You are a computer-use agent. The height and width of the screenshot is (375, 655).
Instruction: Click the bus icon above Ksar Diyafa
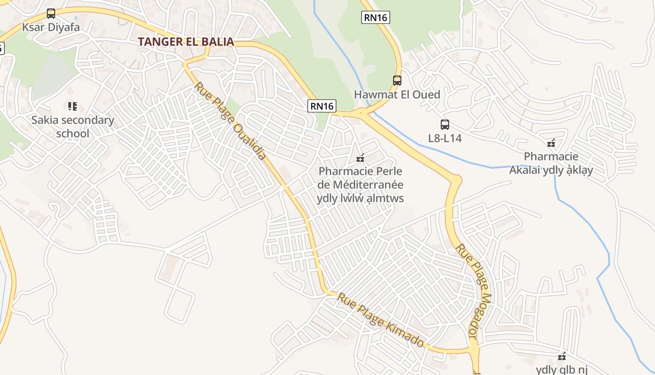click(x=51, y=14)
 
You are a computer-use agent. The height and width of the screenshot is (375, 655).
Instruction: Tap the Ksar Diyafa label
click(x=51, y=27)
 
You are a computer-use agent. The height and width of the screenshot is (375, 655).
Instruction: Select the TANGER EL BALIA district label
click(x=186, y=42)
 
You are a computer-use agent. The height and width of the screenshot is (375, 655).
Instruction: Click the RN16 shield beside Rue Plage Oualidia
click(x=322, y=106)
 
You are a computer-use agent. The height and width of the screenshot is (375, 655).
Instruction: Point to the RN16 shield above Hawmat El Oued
click(x=375, y=18)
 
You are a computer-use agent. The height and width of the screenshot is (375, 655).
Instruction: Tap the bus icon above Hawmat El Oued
click(x=397, y=81)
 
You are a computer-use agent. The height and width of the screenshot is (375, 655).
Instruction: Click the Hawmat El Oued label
click(x=397, y=95)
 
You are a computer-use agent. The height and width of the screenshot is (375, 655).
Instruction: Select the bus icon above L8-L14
click(x=444, y=125)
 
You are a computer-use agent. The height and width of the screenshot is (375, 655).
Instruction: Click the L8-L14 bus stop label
click(x=444, y=138)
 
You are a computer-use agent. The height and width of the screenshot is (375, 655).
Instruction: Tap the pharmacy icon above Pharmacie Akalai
click(x=551, y=143)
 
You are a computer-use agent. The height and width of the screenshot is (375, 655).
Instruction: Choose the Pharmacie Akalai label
click(x=551, y=163)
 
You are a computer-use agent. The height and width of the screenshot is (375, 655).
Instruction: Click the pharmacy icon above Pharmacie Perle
click(x=360, y=158)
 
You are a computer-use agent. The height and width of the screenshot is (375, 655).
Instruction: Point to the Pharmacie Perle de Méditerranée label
click(x=360, y=185)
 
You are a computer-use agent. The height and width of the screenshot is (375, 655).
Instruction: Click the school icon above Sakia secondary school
click(x=72, y=106)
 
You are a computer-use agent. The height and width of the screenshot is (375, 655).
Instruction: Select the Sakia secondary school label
click(x=73, y=127)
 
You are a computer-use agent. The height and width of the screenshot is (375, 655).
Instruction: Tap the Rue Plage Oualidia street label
click(x=230, y=121)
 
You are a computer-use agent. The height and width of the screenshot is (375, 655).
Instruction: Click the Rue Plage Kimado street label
click(x=381, y=320)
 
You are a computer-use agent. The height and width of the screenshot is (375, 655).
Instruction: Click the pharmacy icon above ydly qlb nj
click(x=562, y=357)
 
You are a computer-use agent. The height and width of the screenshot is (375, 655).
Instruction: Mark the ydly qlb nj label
click(x=561, y=370)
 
